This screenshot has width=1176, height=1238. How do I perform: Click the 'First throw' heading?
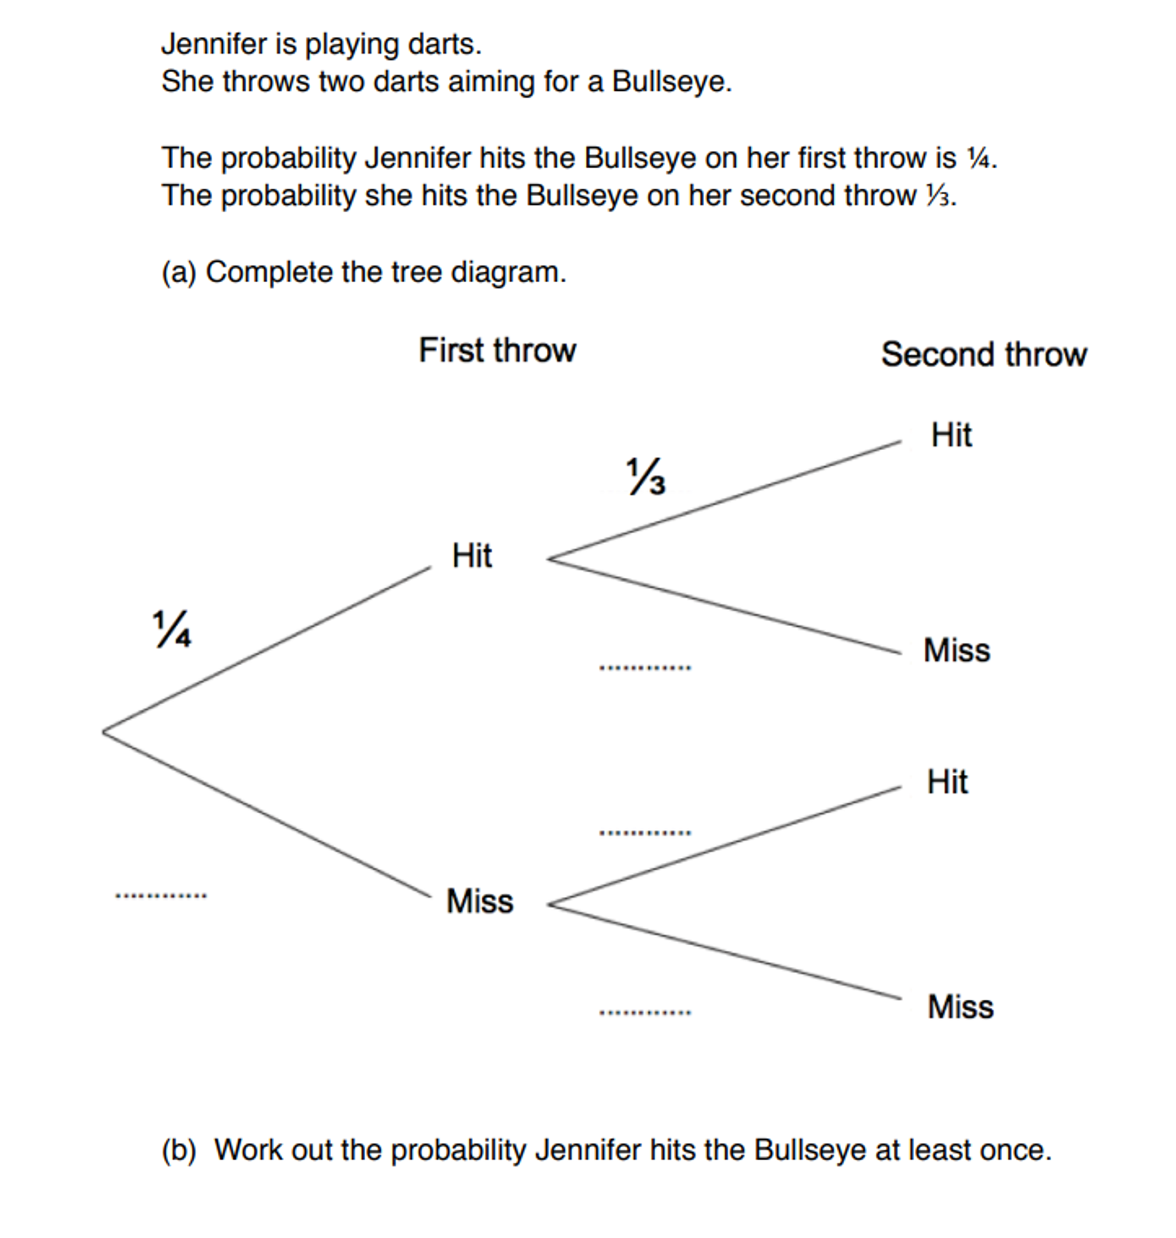497,350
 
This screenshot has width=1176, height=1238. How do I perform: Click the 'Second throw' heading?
983,354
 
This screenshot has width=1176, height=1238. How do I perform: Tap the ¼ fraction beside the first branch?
172,628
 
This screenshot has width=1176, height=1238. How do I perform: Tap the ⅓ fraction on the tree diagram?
646,476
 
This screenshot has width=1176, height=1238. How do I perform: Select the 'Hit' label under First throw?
471,556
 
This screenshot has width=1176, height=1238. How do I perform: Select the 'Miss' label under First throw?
480,901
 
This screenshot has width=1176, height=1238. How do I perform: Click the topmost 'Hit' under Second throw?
951,435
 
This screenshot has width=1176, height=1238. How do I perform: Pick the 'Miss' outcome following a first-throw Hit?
957,650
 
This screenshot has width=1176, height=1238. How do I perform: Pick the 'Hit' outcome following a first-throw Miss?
947,782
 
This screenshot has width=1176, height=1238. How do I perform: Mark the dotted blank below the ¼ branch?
161,895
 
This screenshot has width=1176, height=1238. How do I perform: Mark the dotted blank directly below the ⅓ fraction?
645,667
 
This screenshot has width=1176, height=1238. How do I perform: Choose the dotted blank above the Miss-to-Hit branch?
645,833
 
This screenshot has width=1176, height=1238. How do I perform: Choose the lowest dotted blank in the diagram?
645,1012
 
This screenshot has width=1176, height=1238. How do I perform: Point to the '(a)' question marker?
179,273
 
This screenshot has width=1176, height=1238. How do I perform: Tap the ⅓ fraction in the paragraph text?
938,196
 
